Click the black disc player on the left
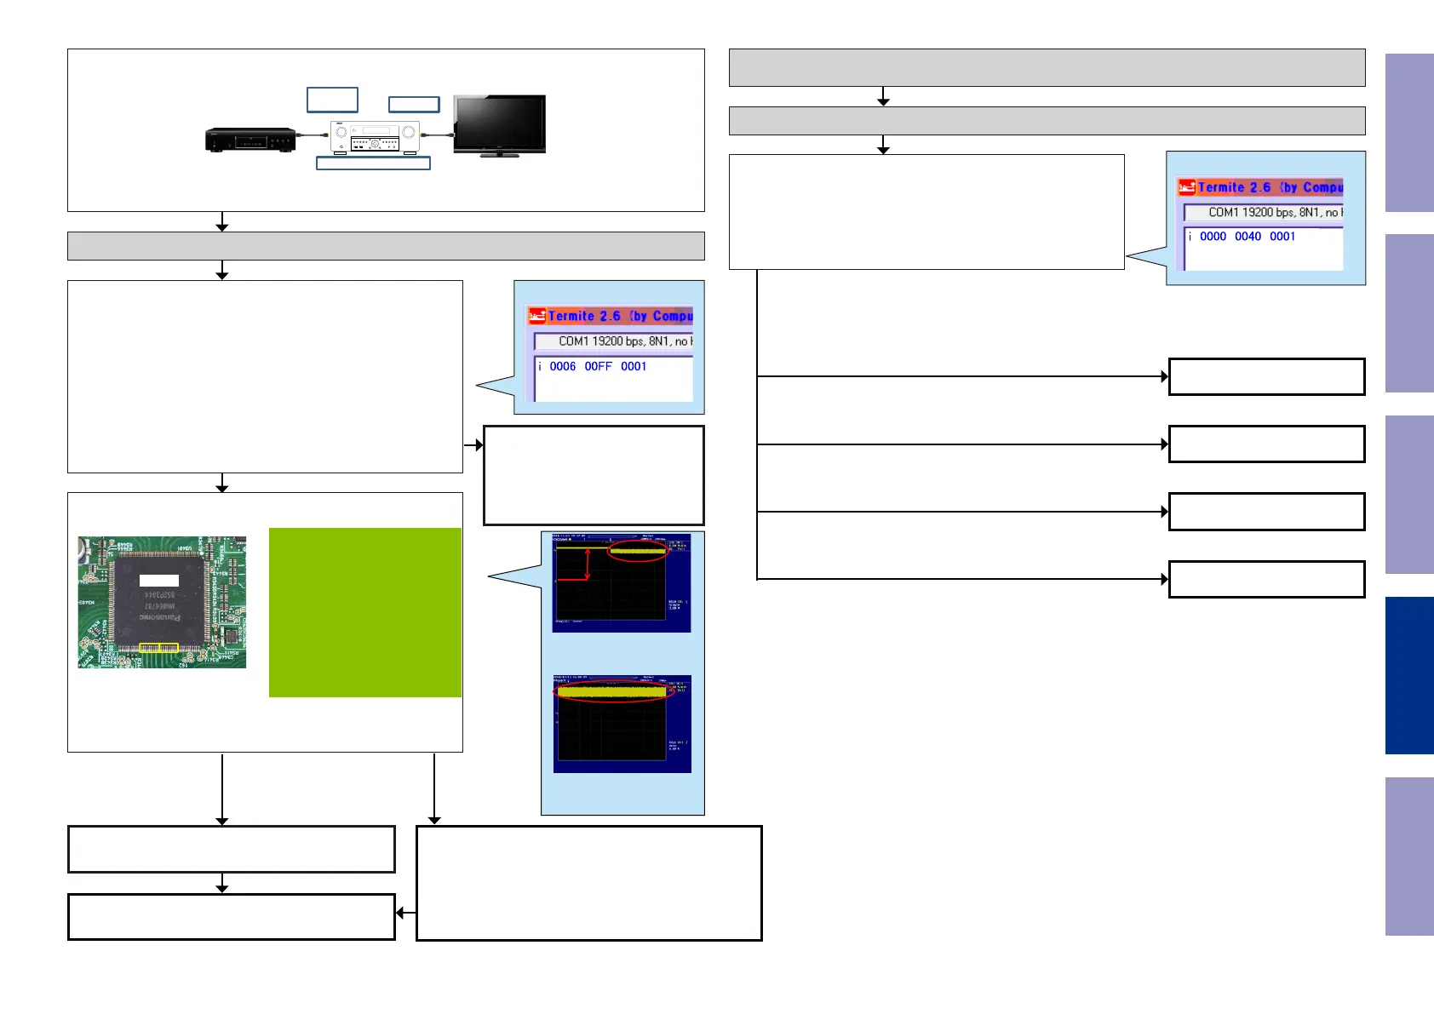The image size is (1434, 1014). (250, 139)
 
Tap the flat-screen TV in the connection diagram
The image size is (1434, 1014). (499, 123)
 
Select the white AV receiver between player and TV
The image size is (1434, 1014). (375, 137)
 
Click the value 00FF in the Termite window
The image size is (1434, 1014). (598, 366)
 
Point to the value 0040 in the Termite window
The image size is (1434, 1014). (1248, 236)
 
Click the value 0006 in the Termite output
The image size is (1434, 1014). (562, 366)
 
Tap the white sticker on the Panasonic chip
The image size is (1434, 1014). (159, 581)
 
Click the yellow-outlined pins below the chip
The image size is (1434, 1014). (158, 649)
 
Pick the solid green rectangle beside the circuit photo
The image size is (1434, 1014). (364, 612)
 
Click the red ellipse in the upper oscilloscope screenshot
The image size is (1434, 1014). (637, 552)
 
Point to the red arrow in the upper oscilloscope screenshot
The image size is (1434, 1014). (587, 565)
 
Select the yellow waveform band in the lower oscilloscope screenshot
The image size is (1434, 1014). (611, 692)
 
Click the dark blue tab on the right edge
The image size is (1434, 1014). (1408, 675)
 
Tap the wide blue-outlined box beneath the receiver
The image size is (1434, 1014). (373, 163)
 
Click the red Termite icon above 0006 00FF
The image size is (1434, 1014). (536, 316)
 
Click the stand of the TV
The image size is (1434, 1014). (499, 155)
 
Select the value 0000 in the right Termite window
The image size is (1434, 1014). (1213, 236)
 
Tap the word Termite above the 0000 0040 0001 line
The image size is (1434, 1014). (1221, 187)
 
